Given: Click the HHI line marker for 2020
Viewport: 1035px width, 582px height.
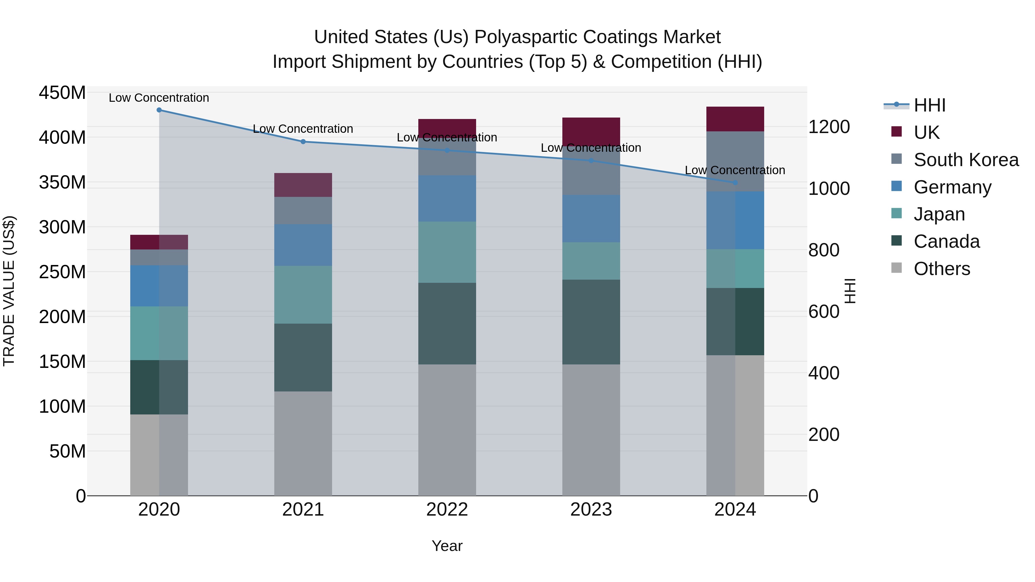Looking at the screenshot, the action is (x=159, y=110).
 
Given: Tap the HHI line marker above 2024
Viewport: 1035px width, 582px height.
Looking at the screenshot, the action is (x=735, y=183).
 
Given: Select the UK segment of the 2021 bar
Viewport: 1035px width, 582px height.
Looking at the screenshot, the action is (x=303, y=185).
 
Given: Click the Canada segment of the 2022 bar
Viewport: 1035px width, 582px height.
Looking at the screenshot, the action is (x=447, y=323).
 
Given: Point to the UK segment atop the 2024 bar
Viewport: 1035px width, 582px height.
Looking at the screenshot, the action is (x=735, y=119).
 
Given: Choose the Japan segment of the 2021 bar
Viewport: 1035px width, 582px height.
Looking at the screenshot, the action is (x=303, y=294).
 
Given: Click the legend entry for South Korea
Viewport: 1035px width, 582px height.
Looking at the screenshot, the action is (x=966, y=160).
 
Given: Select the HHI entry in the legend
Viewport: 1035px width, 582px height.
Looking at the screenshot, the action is (x=929, y=105).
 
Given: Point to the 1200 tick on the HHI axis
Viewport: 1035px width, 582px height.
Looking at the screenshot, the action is (x=829, y=127).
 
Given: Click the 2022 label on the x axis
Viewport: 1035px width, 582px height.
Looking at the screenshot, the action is (x=447, y=510).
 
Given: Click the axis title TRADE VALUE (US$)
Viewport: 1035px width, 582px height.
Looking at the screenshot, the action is (x=9, y=291).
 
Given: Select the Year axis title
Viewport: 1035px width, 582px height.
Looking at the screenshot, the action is (x=447, y=546).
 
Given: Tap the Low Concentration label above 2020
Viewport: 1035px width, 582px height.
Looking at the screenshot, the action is (x=159, y=98).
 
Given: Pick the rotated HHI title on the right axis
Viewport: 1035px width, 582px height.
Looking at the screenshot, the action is (x=850, y=291).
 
